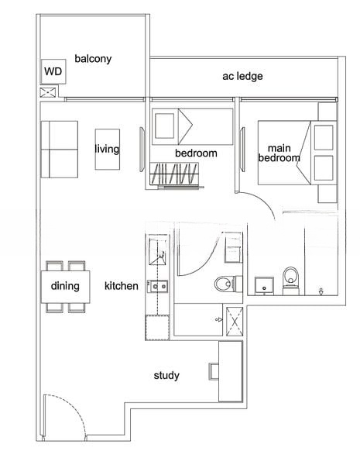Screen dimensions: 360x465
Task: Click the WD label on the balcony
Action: [53, 71]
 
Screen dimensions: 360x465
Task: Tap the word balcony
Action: [93, 59]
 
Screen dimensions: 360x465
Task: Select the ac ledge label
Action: [242, 76]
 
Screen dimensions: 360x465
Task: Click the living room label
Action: [107, 149]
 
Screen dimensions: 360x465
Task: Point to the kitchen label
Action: [122, 286]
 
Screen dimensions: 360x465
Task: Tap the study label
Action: [166, 376]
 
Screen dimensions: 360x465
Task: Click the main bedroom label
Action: [279, 153]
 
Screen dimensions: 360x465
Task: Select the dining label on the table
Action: [65, 286]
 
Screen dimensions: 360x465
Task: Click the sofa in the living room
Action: [60, 150]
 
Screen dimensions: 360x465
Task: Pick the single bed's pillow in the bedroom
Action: [165, 126]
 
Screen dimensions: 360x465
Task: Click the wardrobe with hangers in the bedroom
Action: [174, 174]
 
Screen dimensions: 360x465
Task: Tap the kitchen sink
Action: [158, 286]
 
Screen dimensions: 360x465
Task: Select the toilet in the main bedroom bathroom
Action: [290, 281]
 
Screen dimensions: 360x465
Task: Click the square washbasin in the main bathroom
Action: [264, 286]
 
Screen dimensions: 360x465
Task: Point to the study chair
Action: [214, 371]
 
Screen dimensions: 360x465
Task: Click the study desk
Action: [231, 371]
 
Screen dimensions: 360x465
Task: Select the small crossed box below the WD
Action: [48, 92]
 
